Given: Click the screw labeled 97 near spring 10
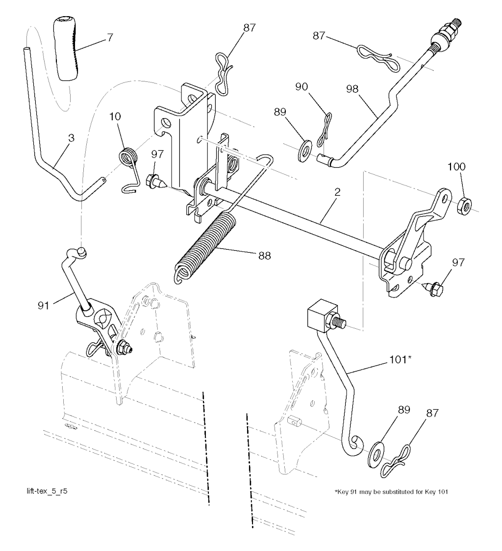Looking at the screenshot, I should tap(155, 183).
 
